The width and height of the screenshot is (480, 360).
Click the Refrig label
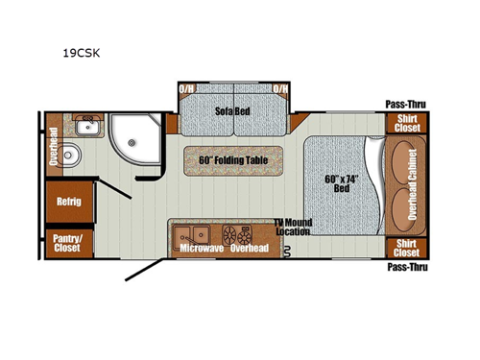[68, 203]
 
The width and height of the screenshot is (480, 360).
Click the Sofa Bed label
[232, 111]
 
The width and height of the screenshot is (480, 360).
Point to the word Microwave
[202, 249]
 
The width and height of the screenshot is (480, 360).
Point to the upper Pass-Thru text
[406, 104]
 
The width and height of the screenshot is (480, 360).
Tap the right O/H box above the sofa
[281, 89]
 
